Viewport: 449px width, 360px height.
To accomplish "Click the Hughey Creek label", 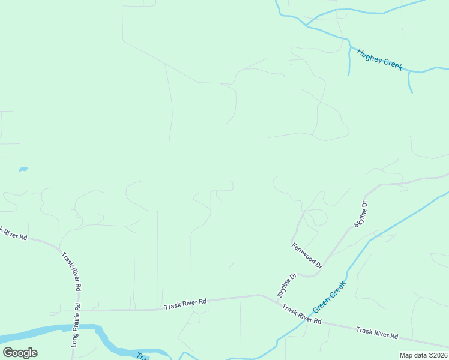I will tap(379, 59).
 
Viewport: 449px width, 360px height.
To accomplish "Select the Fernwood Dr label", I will tap(307, 255).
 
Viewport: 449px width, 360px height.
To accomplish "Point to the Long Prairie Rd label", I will tap(76, 325).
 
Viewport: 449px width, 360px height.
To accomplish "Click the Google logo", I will tap(20, 353).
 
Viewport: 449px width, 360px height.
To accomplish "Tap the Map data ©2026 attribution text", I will tap(423, 355).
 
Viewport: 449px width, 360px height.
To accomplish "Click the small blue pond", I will tap(23, 170).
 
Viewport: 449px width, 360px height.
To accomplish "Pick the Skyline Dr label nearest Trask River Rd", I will tap(287, 286).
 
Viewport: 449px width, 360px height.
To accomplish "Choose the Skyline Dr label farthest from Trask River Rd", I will tap(360, 214).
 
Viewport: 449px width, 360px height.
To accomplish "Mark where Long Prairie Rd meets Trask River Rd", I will tap(77, 310).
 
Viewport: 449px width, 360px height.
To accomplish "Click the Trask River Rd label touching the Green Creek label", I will tap(302, 315).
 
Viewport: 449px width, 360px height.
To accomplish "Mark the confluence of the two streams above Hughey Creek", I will tap(307, 25).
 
